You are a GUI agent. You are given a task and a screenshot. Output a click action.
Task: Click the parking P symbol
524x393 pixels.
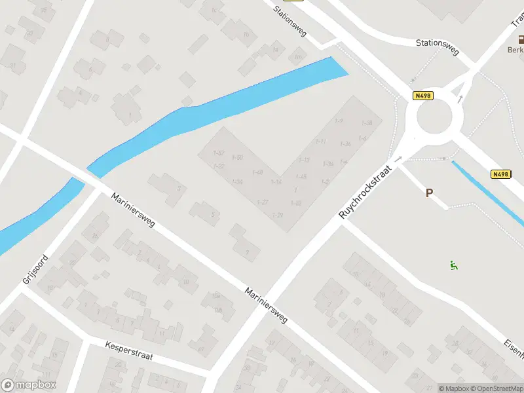click(x=430, y=193)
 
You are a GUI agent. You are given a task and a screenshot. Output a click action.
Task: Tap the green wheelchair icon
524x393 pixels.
click(x=453, y=265)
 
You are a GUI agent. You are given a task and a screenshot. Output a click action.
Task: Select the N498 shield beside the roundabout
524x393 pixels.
click(x=423, y=96)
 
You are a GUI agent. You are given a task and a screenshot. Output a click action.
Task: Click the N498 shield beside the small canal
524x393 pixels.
click(x=500, y=174)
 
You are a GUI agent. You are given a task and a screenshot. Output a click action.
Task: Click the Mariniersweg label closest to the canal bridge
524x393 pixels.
click(x=132, y=210)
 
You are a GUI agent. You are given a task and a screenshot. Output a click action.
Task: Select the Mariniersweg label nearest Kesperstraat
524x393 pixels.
click(x=267, y=305)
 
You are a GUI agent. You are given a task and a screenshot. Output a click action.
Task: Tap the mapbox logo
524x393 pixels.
click(x=29, y=385)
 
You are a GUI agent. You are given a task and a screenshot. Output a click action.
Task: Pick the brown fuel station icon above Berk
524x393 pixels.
click(x=519, y=39)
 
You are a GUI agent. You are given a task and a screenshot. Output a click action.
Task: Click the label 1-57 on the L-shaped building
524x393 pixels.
click(x=219, y=153)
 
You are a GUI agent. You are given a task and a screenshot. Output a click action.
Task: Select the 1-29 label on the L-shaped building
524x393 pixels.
click(x=277, y=215)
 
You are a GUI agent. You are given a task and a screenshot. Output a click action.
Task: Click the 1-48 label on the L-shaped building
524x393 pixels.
click(x=257, y=172)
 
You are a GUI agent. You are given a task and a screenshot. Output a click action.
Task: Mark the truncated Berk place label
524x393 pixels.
click(x=515, y=50)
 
